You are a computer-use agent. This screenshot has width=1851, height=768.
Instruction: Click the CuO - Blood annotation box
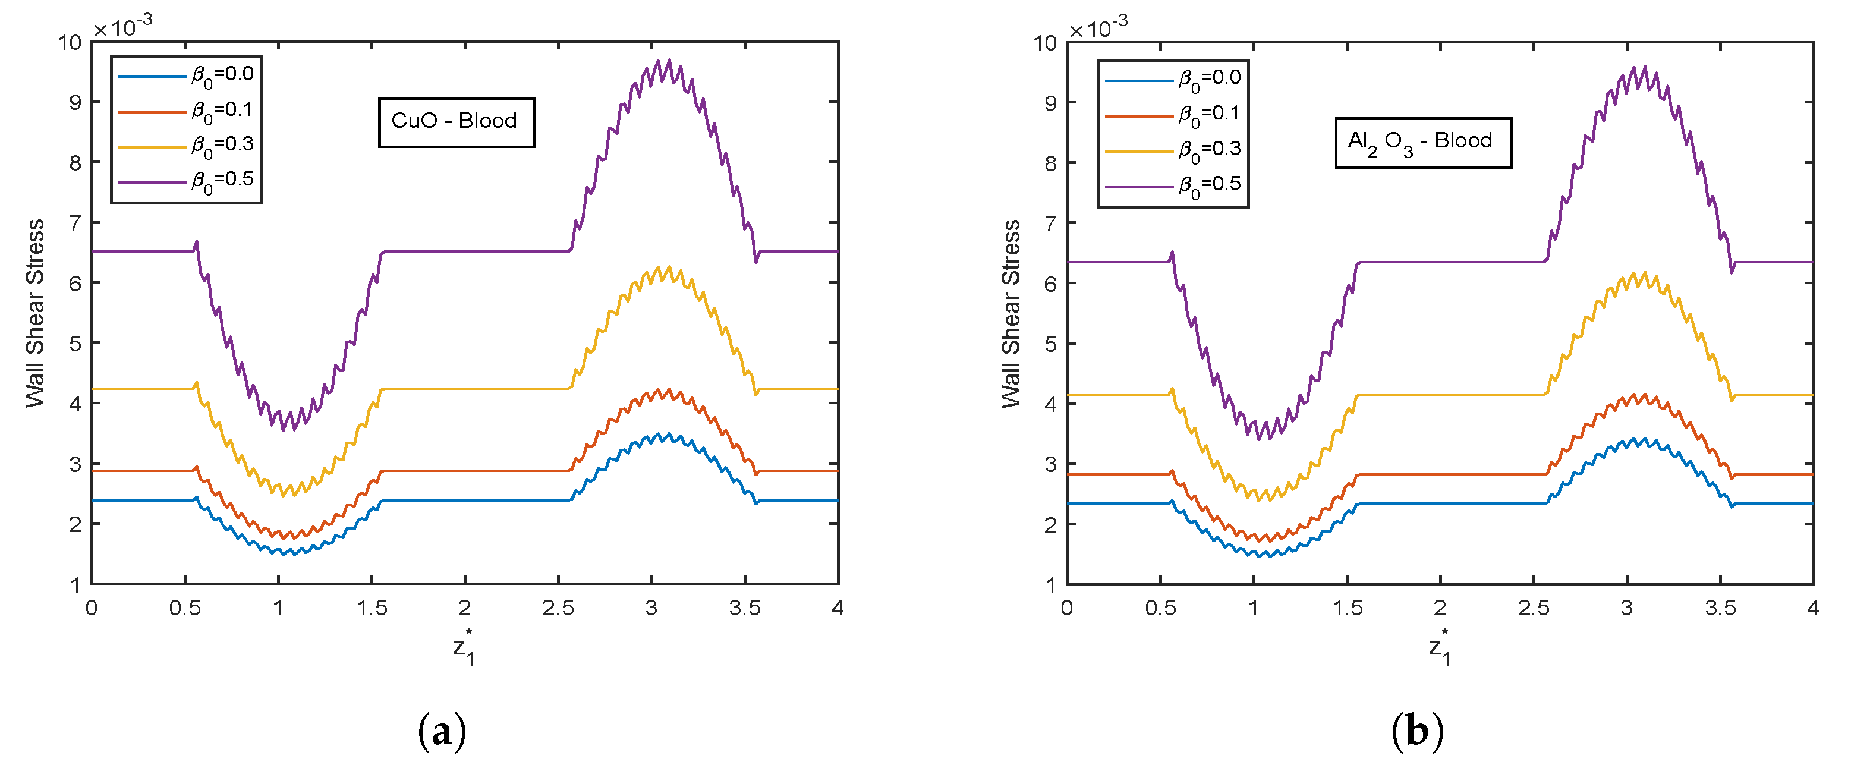tap(457, 121)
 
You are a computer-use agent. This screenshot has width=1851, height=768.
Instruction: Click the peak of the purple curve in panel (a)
tap(668, 61)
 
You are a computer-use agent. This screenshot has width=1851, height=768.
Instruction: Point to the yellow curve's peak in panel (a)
tap(669, 267)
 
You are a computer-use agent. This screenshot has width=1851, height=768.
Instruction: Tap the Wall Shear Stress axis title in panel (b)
tap(1011, 313)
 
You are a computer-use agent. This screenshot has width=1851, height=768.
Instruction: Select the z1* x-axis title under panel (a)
tap(464, 648)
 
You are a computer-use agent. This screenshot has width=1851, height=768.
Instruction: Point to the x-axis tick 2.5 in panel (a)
tap(558, 609)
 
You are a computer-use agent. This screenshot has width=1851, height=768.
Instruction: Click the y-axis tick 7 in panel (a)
tap(75, 223)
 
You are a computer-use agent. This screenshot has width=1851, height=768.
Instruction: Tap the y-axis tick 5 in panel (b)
tap(1050, 344)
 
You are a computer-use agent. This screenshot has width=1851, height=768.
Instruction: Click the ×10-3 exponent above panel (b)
tap(1098, 28)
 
